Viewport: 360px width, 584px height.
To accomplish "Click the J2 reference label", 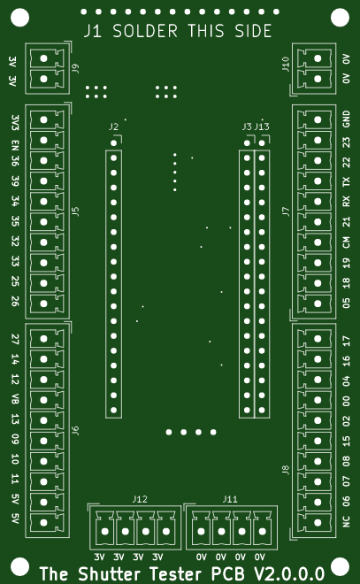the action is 113,127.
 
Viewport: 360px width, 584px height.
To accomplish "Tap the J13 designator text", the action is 262,127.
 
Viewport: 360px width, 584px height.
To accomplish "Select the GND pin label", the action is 346,119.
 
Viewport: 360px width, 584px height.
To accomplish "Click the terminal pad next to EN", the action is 43,140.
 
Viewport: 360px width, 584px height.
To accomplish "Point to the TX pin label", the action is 346,181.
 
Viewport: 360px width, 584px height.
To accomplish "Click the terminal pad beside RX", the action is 318,202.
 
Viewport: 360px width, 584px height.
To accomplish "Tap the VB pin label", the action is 15,399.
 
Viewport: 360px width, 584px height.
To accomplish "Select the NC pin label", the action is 346,521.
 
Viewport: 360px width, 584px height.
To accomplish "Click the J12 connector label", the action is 140,499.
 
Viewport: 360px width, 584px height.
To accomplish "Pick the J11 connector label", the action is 230,499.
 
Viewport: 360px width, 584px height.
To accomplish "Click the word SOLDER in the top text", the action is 145,31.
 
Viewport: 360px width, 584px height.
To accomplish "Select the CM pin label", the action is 346,242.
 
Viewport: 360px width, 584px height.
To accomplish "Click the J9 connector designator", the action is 75,68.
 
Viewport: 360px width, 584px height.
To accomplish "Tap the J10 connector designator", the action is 286,64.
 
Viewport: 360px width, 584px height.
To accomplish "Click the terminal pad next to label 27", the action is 43,339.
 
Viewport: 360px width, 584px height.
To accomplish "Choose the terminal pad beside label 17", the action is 318,339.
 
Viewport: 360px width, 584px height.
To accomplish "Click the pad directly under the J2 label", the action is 114,143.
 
